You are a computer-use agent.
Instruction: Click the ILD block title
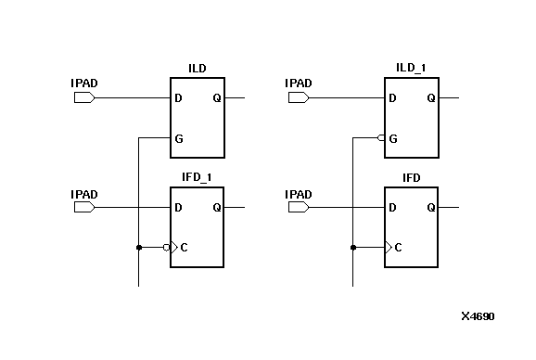click(x=197, y=68)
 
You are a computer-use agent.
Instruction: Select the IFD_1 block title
click(x=197, y=177)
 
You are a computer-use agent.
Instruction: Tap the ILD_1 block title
click(x=410, y=68)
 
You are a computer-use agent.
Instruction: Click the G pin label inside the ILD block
click(x=178, y=138)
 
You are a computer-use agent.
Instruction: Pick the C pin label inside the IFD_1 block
click(x=184, y=248)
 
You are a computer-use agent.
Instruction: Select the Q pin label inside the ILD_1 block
click(x=430, y=98)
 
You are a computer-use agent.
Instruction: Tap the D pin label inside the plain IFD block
click(x=392, y=208)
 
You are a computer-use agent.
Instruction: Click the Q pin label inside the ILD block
click(x=217, y=98)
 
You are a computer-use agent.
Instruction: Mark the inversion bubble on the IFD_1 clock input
click(x=167, y=248)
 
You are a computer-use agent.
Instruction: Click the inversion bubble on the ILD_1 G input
click(x=381, y=138)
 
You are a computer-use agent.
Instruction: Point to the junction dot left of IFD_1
click(x=138, y=248)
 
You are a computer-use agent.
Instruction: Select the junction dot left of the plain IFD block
click(x=352, y=248)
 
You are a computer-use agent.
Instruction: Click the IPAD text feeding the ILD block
click(x=84, y=84)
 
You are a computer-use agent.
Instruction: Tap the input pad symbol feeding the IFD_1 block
click(x=84, y=207)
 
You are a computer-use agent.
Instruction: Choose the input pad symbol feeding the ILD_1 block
click(x=298, y=97)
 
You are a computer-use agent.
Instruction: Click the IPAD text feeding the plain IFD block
click(x=298, y=194)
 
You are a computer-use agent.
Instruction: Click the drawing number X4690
click(x=478, y=316)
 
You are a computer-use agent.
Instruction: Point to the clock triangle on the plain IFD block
click(x=388, y=248)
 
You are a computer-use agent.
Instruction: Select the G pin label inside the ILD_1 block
click(x=393, y=138)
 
